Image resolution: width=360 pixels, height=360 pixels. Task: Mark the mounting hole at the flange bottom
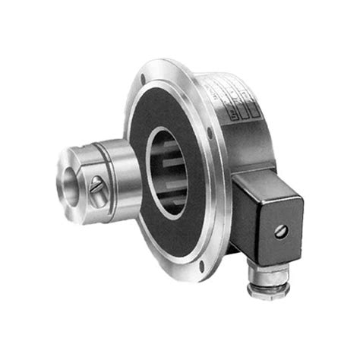[201, 267]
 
